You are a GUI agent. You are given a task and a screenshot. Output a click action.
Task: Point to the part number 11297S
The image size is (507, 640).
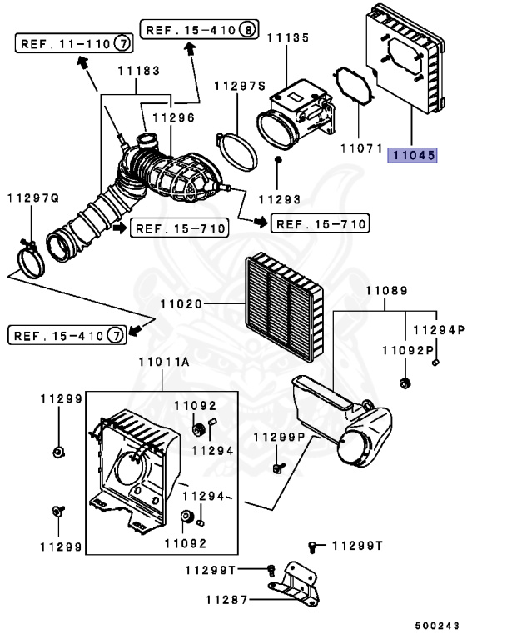pos(239,86)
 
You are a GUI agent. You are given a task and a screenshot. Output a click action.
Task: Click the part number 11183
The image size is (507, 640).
pos(137,71)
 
